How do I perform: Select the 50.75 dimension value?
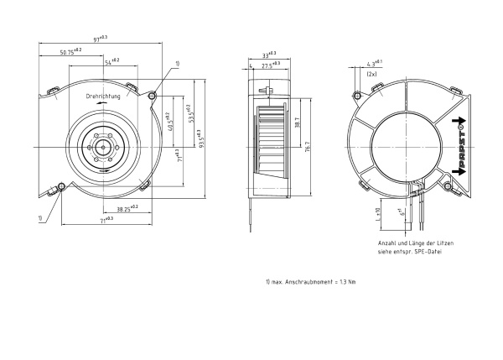71,51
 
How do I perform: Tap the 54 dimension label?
111,61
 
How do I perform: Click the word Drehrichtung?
104,97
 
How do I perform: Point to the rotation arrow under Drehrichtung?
102,107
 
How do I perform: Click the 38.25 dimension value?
128,207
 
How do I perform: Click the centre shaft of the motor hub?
102,144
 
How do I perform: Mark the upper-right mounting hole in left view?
153,96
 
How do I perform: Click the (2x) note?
371,74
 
